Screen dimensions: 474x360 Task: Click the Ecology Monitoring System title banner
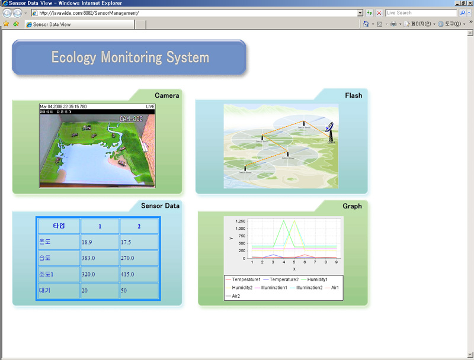tap(130, 57)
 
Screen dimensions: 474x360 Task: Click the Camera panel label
tap(166, 95)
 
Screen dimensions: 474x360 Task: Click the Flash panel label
tap(353, 95)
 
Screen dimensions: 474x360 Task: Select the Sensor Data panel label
tap(160, 206)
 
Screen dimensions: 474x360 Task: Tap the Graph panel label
tap(352, 206)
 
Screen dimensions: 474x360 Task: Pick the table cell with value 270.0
tap(138, 258)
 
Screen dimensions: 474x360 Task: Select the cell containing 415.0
tap(138, 275)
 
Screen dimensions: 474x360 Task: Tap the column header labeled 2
tap(139, 226)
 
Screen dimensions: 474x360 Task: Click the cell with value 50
tap(138, 291)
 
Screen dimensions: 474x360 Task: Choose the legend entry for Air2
tap(236, 295)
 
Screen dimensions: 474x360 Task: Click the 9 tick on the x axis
tap(337, 262)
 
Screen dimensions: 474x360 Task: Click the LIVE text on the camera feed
tap(150, 107)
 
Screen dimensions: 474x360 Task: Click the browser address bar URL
tap(89, 12)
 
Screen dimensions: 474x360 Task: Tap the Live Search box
tap(421, 12)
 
